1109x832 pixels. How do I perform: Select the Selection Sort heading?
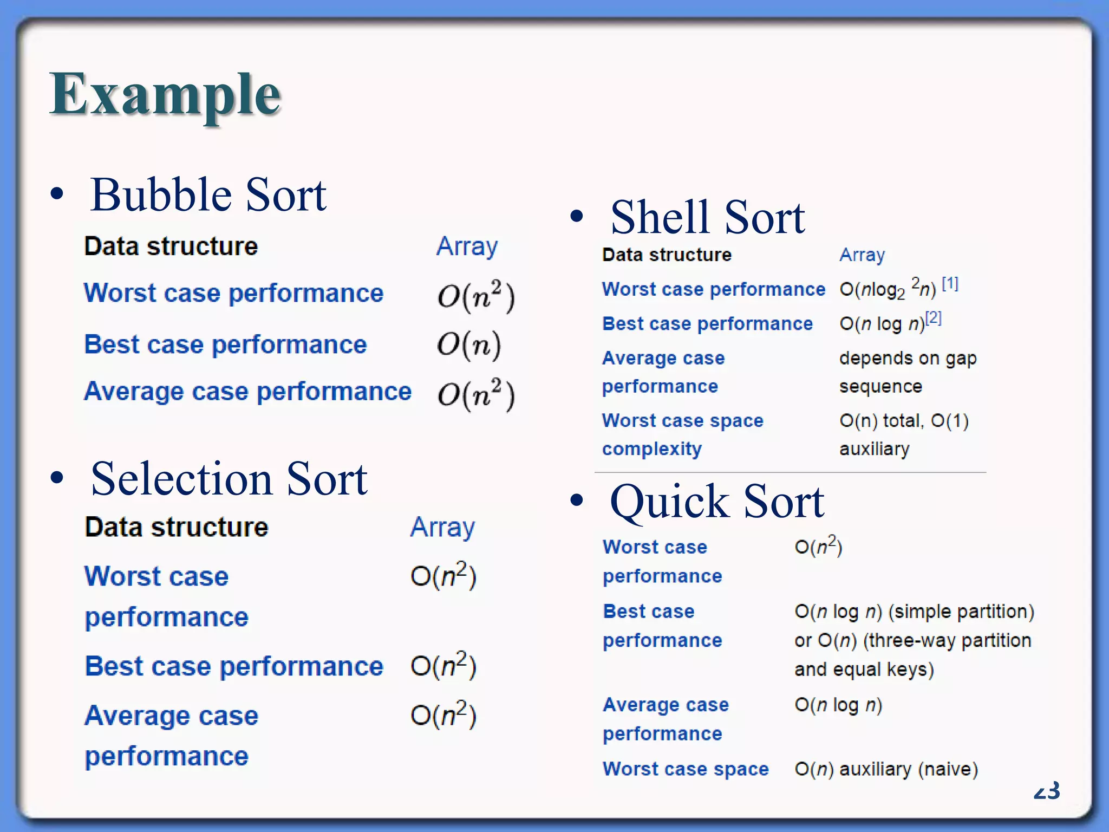click(229, 479)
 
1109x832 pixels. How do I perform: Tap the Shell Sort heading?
click(707, 218)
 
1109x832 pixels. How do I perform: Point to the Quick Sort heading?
click(716, 502)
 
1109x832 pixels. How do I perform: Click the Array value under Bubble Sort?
click(467, 246)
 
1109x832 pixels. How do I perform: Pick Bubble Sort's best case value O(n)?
click(469, 344)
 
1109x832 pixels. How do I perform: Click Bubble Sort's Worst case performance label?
click(233, 293)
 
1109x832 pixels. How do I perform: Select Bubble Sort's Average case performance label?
click(247, 391)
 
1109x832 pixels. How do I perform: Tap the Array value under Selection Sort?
click(442, 527)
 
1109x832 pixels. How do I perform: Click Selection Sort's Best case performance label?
click(234, 666)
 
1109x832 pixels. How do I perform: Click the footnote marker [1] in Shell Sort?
click(950, 283)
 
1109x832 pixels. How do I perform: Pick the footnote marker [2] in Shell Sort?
click(933, 318)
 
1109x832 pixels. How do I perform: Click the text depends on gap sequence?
click(908, 372)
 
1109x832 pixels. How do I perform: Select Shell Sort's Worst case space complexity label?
click(682, 434)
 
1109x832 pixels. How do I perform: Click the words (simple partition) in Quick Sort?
click(961, 612)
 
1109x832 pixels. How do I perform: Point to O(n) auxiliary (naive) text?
click(886, 769)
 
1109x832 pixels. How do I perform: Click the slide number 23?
click(1046, 791)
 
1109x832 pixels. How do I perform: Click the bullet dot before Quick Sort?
click(577, 500)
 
